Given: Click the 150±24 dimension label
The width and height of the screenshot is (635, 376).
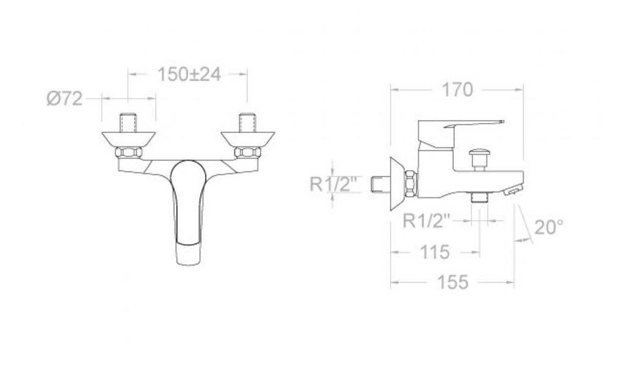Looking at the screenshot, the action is [189, 74].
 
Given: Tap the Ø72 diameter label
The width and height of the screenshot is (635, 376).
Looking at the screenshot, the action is [65, 98].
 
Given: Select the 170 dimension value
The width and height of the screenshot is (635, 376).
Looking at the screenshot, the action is [457, 90].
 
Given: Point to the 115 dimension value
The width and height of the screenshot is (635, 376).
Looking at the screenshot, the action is [435, 253].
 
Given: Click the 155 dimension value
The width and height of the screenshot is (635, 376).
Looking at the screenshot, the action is [453, 282].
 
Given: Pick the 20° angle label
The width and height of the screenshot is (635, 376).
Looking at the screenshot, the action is [549, 227].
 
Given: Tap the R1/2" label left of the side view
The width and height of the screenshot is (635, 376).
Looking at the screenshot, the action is [333, 184].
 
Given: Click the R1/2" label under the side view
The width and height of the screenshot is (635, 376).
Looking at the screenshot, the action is [427, 221].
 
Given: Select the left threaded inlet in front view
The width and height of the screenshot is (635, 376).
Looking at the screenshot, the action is [128, 123].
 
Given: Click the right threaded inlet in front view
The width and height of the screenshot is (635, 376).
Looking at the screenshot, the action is [247, 123].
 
